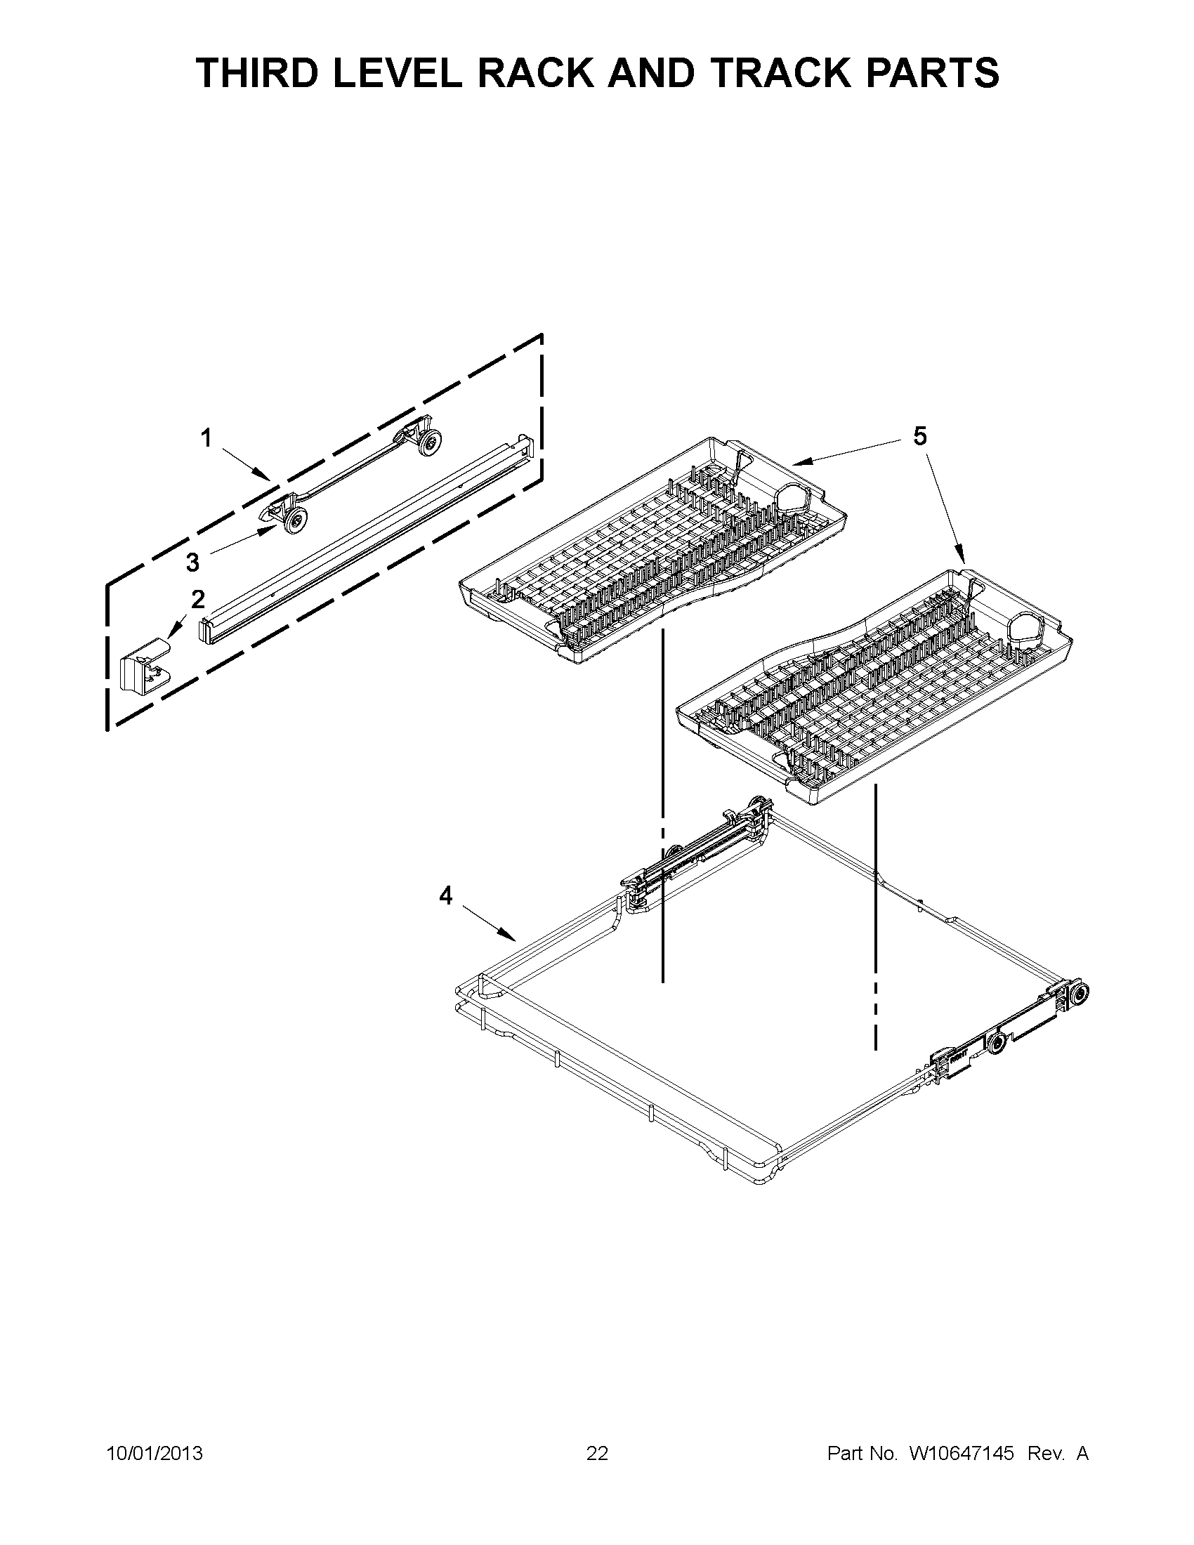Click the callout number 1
[206, 440]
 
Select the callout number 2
[198, 599]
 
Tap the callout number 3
[192, 563]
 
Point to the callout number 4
[445, 896]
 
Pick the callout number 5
[919, 437]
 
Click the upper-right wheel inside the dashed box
[428, 443]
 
